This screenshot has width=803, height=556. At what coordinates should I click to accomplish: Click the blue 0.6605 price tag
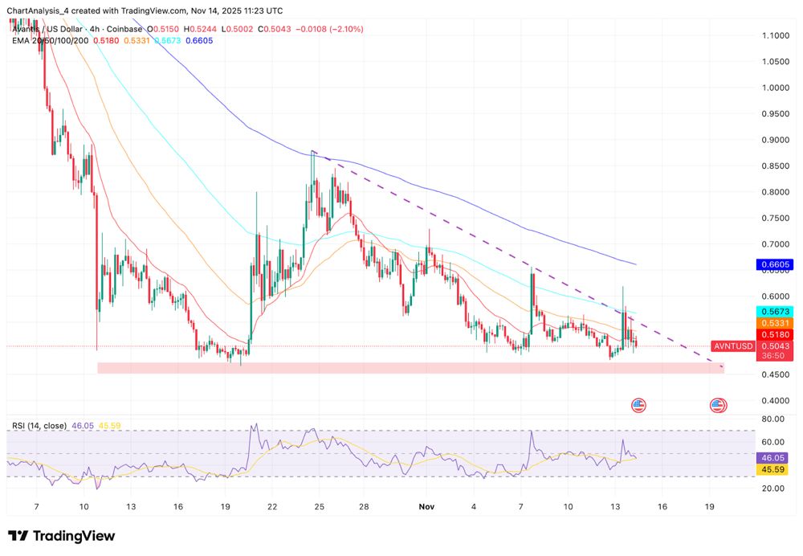click(x=775, y=264)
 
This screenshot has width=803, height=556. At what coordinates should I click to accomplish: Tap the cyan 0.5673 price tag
click(x=775, y=312)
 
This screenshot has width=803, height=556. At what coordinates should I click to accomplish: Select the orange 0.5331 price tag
click(x=775, y=323)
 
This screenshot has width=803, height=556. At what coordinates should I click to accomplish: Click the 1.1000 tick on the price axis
click(x=775, y=35)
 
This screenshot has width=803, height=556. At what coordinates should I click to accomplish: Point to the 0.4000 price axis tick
click(x=775, y=400)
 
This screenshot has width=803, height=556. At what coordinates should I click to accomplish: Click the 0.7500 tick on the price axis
click(x=775, y=218)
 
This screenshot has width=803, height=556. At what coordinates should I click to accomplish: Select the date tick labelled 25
click(x=320, y=507)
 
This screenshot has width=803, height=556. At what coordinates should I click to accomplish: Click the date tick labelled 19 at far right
click(x=710, y=507)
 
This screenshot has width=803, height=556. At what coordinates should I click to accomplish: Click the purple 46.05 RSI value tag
click(x=774, y=456)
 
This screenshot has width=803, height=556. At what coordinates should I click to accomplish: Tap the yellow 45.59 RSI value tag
click(x=774, y=468)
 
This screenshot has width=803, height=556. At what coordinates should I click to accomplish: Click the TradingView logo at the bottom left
click(x=62, y=536)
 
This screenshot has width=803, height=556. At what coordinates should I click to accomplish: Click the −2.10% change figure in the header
click(x=346, y=29)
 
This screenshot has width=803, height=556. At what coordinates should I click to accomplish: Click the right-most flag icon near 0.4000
click(x=717, y=405)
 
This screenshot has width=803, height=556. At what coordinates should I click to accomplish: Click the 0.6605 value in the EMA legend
click(x=199, y=39)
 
